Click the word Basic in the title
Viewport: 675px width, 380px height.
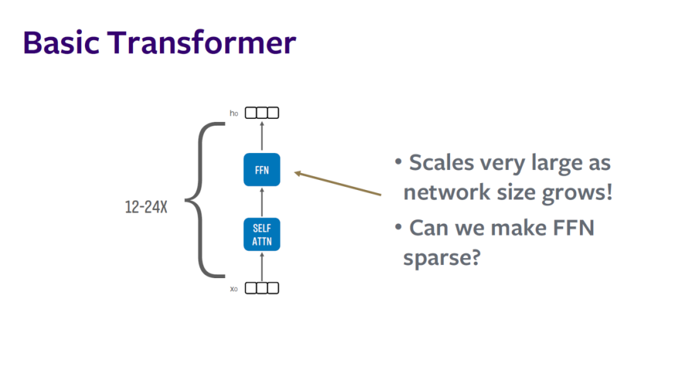click(59, 42)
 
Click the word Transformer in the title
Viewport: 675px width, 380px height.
click(201, 42)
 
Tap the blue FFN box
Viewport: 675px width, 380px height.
click(262, 169)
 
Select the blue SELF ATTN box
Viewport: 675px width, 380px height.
click(262, 234)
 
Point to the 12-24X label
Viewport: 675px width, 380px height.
click(146, 207)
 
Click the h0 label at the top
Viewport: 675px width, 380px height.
click(234, 114)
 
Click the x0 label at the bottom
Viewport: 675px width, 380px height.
click(234, 289)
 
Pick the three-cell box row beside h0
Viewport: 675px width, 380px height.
click(262, 113)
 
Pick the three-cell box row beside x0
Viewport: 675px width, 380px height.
click(262, 288)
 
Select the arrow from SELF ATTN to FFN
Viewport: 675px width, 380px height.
click(262, 202)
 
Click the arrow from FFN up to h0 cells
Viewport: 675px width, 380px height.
click(262, 136)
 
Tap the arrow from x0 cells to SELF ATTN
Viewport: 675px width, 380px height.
click(262, 266)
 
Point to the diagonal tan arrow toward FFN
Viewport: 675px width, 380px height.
click(337, 184)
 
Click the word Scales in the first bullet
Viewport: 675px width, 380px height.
click(441, 163)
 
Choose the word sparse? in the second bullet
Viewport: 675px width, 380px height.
click(441, 257)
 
